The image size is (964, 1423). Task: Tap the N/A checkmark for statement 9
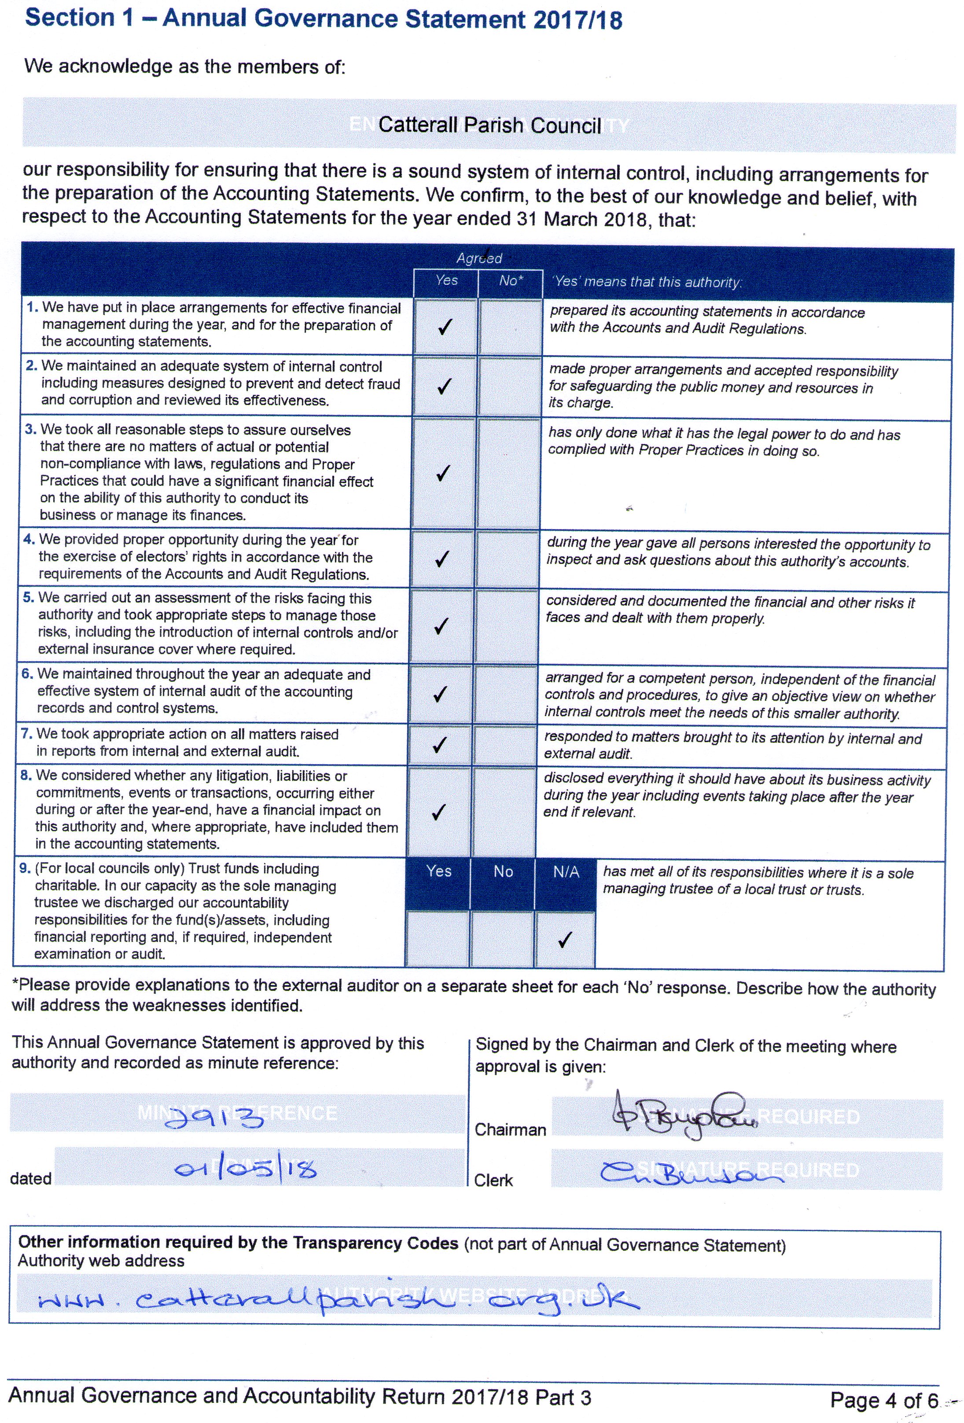pos(565,939)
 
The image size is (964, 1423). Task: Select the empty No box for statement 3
pos(509,473)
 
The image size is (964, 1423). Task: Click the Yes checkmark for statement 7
pos(440,745)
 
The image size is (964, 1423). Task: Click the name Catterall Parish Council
pos(489,125)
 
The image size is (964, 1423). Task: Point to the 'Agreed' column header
pos(479,258)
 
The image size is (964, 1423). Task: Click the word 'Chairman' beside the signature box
pos(510,1130)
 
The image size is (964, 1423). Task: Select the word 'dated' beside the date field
pos(31,1178)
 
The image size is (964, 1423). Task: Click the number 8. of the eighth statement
pos(26,775)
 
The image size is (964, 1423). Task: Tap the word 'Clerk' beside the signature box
pos(493,1180)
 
